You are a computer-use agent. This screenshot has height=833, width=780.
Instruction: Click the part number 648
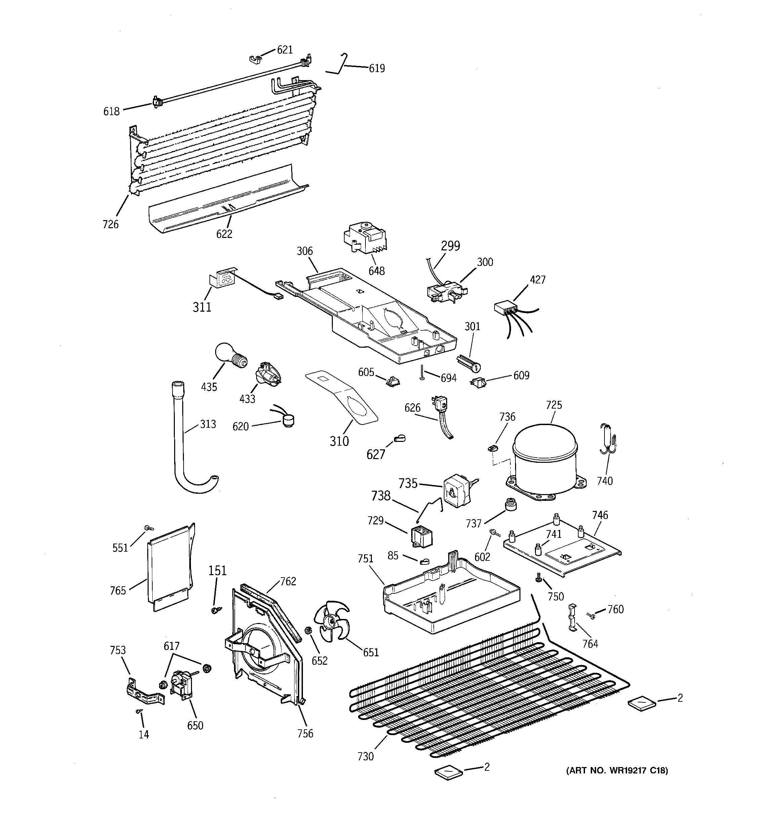click(377, 271)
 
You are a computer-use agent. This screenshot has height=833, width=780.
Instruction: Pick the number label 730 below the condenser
click(365, 756)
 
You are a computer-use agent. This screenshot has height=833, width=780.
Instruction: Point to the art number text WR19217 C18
click(617, 770)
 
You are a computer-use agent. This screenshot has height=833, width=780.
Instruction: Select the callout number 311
click(202, 307)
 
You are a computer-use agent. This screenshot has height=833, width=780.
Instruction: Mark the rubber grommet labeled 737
click(510, 505)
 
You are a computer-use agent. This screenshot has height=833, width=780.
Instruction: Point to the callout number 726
click(111, 224)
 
